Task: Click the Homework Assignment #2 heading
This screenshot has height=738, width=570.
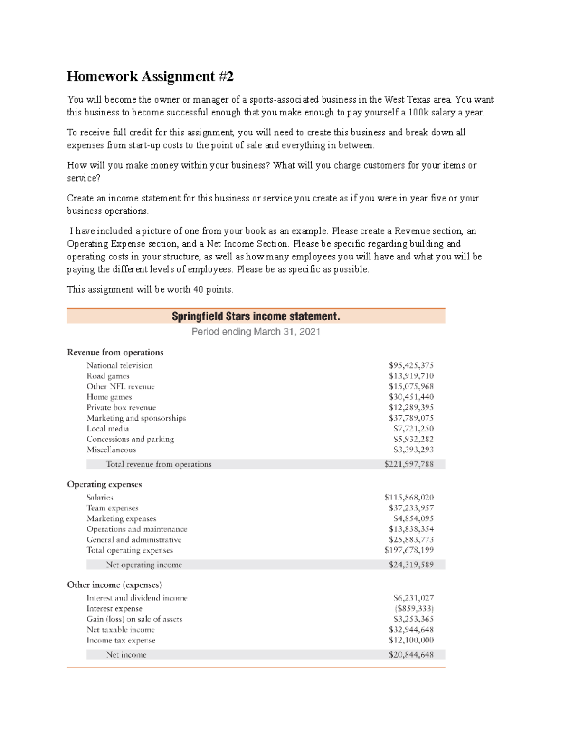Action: point(150,77)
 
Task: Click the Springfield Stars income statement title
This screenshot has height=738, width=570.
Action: point(256,316)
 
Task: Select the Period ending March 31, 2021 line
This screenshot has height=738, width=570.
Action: point(256,332)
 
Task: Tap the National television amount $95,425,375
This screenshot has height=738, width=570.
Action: point(411,365)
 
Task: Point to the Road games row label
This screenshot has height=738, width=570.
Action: point(108,376)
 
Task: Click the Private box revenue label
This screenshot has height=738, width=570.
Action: point(121,408)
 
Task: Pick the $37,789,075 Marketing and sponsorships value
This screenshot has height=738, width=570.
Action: point(411,418)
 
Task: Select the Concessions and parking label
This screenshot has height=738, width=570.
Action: point(130,439)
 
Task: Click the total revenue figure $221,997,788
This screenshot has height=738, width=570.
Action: point(408,464)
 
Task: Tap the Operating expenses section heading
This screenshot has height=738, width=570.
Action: point(104,484)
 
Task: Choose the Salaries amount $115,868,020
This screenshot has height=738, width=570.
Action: point(408,498)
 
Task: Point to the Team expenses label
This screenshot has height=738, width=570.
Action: point(113,508)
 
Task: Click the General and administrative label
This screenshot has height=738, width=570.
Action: point(134,540)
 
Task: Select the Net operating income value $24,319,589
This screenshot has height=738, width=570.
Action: point(411,565)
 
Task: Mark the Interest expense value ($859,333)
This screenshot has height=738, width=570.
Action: point(414,609)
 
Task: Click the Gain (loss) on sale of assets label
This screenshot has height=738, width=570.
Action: point(134,619)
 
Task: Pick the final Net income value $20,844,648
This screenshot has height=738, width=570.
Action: point(411,655)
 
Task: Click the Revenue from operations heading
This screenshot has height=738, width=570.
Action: point(115,352)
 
